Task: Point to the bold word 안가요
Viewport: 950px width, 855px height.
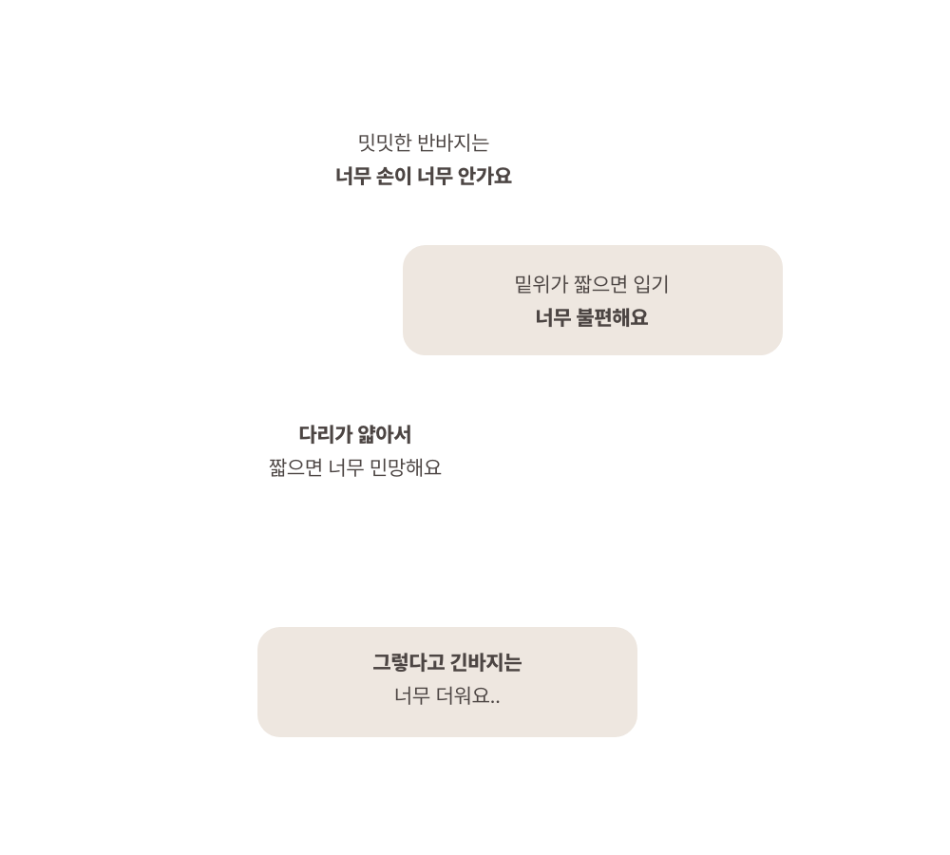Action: point(484,177)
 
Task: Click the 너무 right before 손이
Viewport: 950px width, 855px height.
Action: point(352,177)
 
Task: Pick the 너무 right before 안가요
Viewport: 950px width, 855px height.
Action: point(434,177)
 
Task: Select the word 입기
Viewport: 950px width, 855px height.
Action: point(651,284)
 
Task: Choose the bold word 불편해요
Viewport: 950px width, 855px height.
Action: point(612,317)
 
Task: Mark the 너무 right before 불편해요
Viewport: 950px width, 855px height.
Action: point(553,317)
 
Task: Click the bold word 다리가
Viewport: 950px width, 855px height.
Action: point(325,434)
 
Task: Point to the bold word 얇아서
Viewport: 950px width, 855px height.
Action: point(384,434)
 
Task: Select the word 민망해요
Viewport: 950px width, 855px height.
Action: point(406,467)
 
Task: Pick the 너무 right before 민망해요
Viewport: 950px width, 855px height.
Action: point(346,467)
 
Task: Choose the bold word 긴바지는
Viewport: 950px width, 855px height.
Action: point(485,662)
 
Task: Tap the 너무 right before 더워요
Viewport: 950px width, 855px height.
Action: point(412,695)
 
